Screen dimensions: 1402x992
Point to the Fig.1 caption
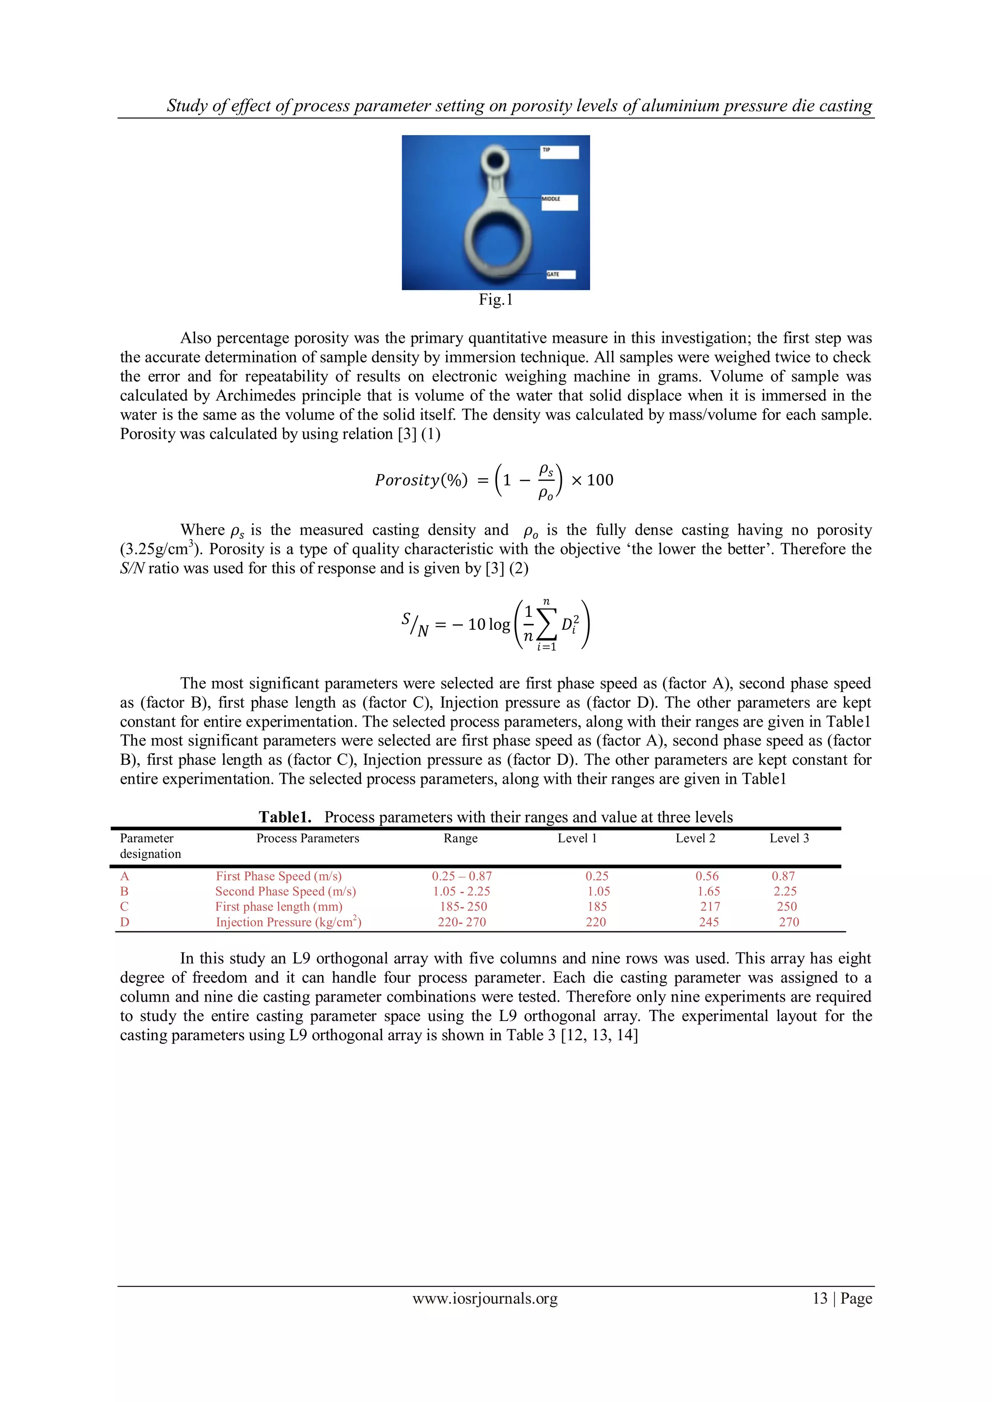point(496,299)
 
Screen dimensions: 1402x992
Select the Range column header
point(461,838)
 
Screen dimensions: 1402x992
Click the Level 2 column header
point(695,838)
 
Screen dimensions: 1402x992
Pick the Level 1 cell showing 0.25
point(597,876)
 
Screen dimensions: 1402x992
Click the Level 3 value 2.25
point(785,892)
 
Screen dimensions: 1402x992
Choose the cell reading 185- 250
point(464,907)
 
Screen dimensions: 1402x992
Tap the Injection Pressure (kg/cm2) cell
point(288,922)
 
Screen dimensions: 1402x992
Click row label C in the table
point(124,907)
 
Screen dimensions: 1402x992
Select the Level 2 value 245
point(709,922)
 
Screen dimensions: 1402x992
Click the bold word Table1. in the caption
point(285,817)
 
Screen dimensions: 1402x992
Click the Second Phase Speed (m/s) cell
point(285,892)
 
